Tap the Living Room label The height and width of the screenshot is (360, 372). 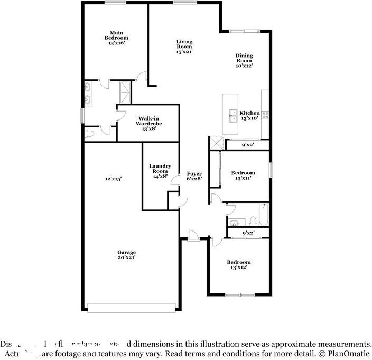pos(184,47)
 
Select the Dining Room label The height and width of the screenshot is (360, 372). pos(244,60)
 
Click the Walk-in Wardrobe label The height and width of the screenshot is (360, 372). pos(148,123)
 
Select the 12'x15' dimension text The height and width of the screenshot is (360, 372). pos(113,179)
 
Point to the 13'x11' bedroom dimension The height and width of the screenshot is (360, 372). pos(243,178)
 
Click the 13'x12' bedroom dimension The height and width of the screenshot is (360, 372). pos(239,267)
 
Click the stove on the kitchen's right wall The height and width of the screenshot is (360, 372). pos(265,113)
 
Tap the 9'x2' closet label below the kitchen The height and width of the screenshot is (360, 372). pos(248,144)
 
